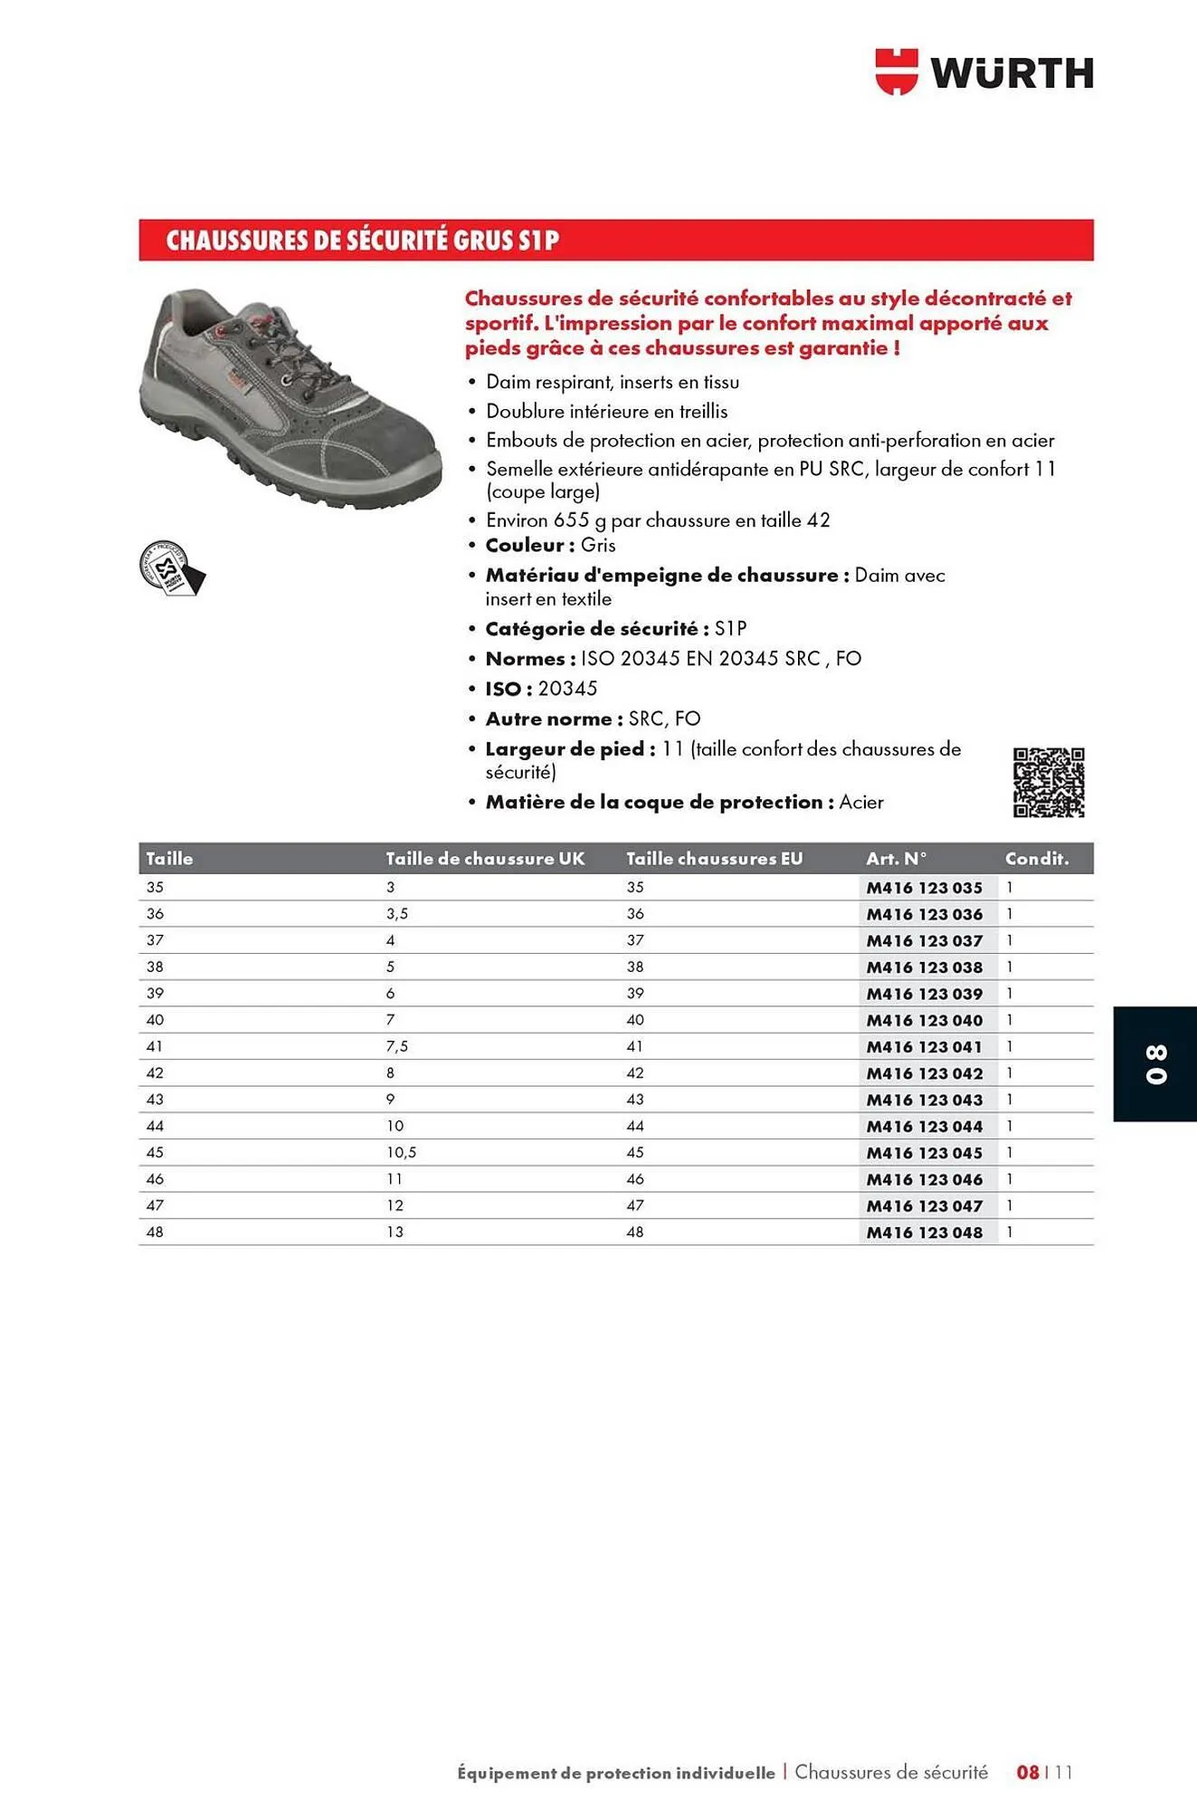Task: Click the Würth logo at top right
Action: point(984,72)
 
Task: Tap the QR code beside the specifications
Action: point(1049,783)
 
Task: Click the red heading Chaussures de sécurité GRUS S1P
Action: point(362,241)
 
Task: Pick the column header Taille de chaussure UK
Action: point(485,859)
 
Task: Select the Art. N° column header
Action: point(897,859)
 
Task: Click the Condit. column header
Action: point(1037,859)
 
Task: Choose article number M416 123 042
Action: point(924,1073)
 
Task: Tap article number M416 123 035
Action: point(924,888)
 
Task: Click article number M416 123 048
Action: point(924,1233)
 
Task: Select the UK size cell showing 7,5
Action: point(397,1046)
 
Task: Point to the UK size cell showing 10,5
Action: point(401,1153)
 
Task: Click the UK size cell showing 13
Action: point(395,1233)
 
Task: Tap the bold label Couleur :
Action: point(530,546)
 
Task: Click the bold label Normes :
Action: point(530,659)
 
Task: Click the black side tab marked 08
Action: point(1155,1064)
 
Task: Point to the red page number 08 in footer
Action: point(1028,1772)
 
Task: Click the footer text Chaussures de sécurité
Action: point(891,1772)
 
